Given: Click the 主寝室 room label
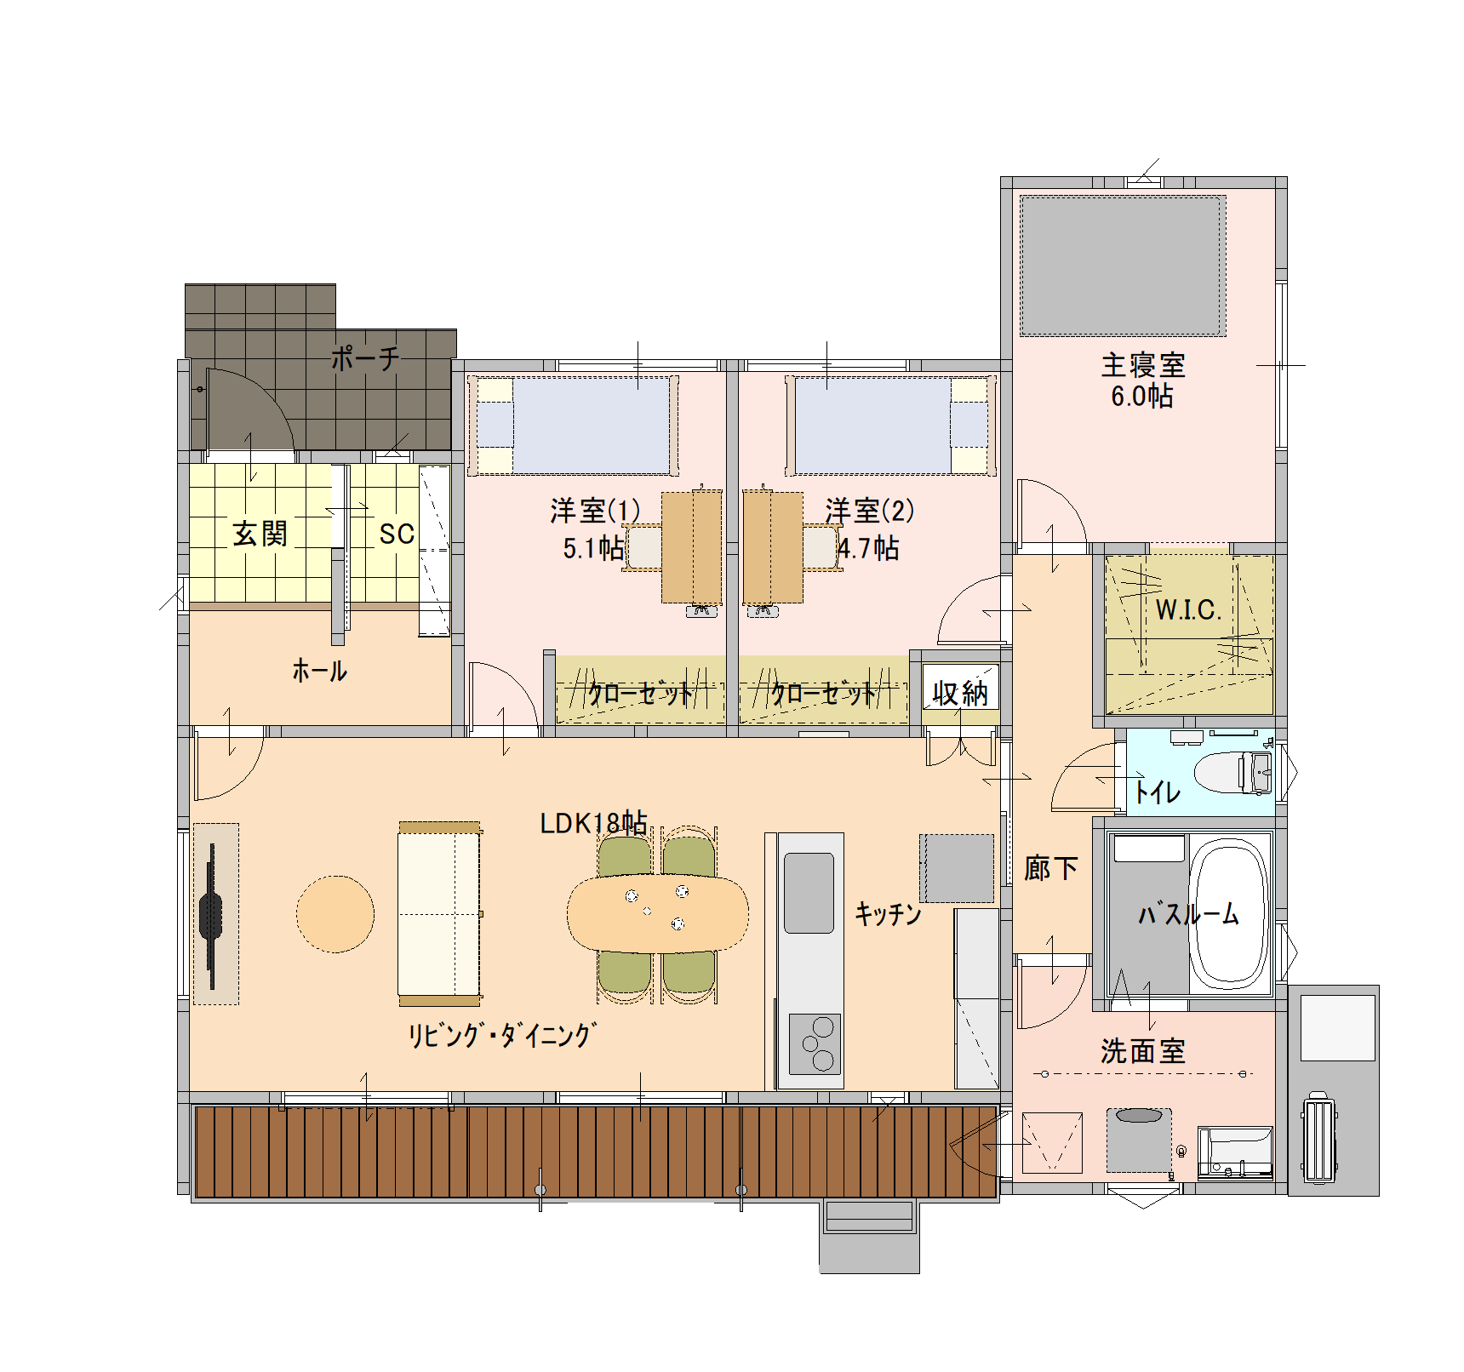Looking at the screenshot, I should [1142, 365].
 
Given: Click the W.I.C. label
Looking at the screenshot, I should [1187, 609].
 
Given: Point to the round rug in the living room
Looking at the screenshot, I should [335, 914].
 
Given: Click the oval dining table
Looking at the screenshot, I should [657, 913].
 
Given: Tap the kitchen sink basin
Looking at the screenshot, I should [809, 893].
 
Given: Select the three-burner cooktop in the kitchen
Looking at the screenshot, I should [815, 1043].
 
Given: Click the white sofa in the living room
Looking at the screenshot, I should [439, 913].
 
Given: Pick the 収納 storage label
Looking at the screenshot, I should [959, 694].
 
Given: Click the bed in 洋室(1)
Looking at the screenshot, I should [572, 426].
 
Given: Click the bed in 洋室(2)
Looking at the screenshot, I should [890, 426].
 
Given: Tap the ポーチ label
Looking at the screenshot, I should [364, 358].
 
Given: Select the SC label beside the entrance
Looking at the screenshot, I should [397, 534].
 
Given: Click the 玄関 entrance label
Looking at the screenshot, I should [260, 534].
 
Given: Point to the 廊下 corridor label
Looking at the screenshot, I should [1050, 868].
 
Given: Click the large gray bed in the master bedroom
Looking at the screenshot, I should [1123, 266].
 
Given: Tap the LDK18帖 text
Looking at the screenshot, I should [593, 823].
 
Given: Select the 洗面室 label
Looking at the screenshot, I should [1142, 1051].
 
